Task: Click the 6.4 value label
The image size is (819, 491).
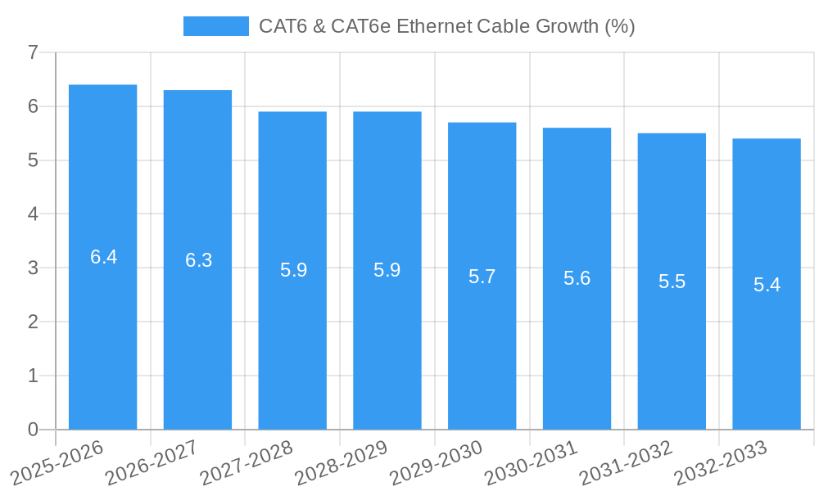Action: click(x=103, y=257)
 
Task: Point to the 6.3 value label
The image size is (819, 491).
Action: click(x=198, y=260)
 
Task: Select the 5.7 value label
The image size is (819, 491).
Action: click(x=482, y=277)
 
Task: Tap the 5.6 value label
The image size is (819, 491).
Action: click(x=577, y=278)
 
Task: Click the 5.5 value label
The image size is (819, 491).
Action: click(x=672, y=282)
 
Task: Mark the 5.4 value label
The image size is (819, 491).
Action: click(x=767, y=285)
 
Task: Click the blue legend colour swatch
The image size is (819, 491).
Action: click(x=215, y=26)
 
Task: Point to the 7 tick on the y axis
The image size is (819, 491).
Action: click(x=33, y=52)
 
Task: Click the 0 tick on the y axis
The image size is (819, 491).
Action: click(x=33, y=430)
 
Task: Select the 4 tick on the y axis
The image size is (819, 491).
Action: click(x=33, y=214)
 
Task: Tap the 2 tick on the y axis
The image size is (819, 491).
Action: click(x=33, y=322)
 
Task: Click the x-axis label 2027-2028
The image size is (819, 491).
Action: click(x=246, y=462)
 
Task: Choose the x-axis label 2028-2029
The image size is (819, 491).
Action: click(x=341, y=462)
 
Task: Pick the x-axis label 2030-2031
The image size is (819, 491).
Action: click(x=531, y=462)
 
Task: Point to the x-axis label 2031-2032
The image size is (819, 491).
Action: click(x=626, y=462)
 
